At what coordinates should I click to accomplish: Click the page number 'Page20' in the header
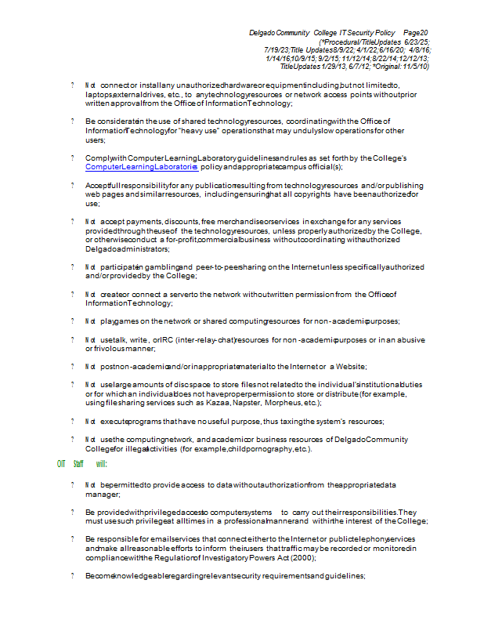416,32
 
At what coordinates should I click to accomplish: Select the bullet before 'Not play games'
72,321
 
